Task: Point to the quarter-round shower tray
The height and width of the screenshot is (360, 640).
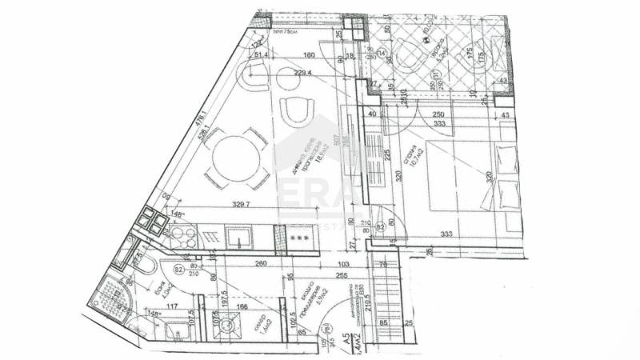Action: click(x=107, y=294)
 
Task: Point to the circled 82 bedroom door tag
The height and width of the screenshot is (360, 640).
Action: click(x=382, y=227)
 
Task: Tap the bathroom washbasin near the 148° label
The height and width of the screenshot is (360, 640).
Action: click(x=177, y=330)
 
